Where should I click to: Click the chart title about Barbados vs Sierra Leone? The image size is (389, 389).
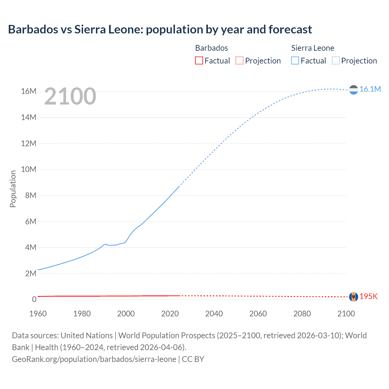pyautogui.click(x=160, y=29)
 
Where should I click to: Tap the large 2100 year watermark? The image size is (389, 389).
pyautogui.click(x=70, y=96)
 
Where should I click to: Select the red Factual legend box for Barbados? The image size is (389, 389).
pyautogui.click(x=199, y=60)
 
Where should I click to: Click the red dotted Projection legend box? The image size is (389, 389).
pyautogui.click(x=239, y=60)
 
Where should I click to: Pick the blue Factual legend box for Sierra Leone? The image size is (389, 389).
pyautogui.click(x=295, y=60)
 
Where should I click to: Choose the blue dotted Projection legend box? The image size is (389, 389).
pyautogui.click(x=336, y=60)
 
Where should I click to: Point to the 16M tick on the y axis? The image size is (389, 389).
pyautogui.click(x=29, y=91)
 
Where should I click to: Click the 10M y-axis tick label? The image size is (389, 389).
pyautogui.click(x=29, y=169)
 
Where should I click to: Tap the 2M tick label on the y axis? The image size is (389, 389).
pyautogui.click(x=30, y=274)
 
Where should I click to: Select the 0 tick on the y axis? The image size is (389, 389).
pyautogui.click(x=34, y=299)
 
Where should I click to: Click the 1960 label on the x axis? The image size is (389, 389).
pyautogui.click(x=38, y=314)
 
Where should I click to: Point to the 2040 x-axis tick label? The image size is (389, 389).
pyautogui.click(x=214, y=314)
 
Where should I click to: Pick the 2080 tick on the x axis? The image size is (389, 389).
pyautogui.click(x=302, y=314)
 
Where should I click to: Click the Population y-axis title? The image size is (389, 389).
pyautogui.click(x=13, y=189)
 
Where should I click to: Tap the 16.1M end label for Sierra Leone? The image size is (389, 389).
pyautogui.click(x=370, y=89)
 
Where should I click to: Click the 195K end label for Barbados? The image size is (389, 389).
pyautogui.click(x=368, y=296)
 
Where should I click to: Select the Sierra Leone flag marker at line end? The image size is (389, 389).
pyautogui.click(x=353, y=90)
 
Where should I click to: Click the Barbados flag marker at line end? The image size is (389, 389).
pyautogui.click(x=353, y=297)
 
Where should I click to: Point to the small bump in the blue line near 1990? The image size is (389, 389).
pyautogui.click(x=105, y=244)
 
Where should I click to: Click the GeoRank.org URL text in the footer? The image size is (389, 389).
pyautogui.click(x=94, y=359)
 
